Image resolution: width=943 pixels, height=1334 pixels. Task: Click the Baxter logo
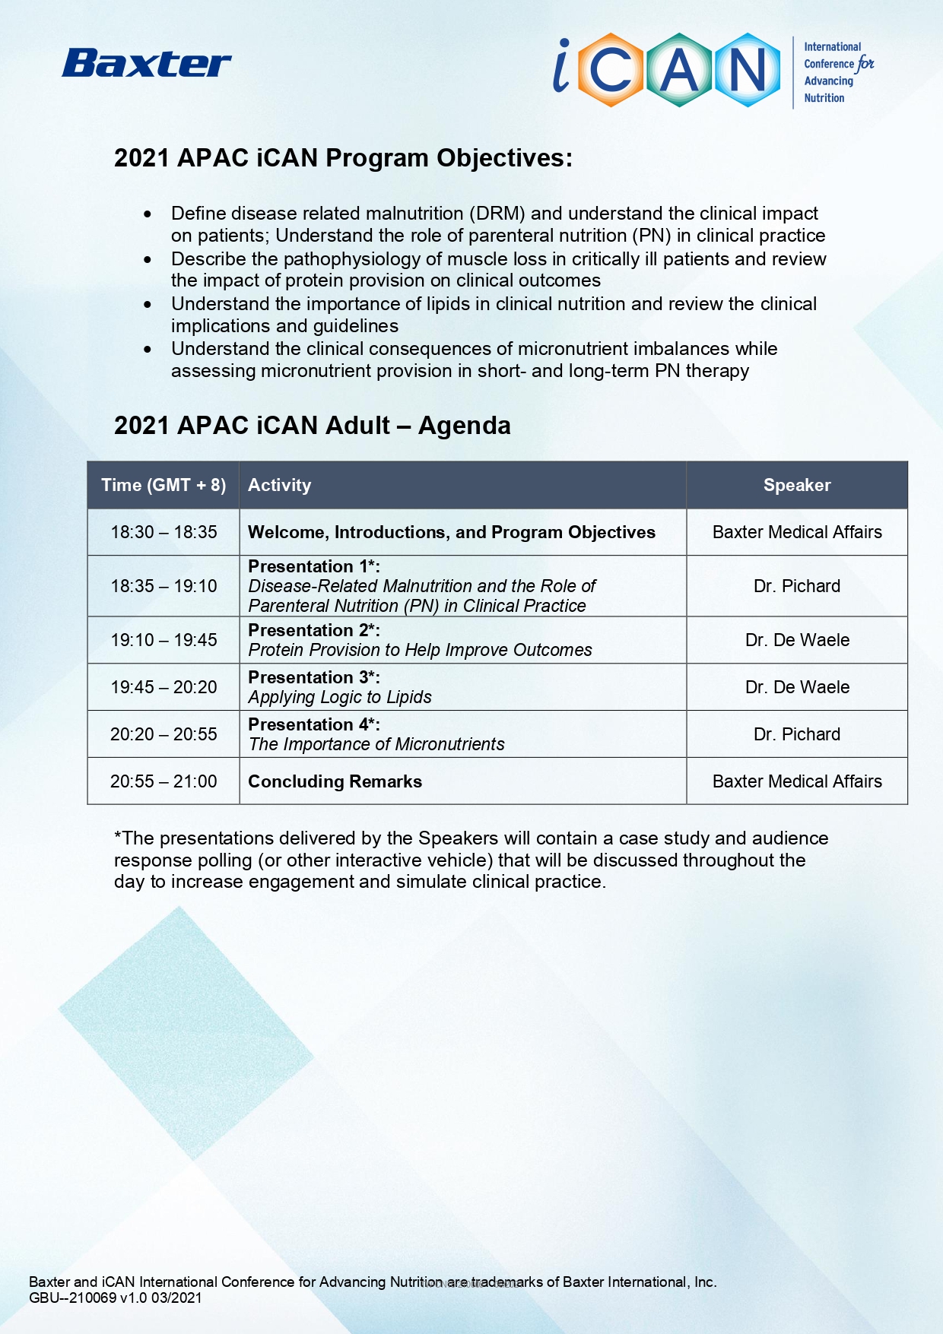[147, 64]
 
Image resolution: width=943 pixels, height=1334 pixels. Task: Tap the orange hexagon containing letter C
[611, 70]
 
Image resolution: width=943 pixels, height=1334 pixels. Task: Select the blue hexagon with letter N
[747, 70]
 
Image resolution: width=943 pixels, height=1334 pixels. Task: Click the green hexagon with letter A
[679, 70]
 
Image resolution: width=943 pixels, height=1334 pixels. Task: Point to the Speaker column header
[797, 485]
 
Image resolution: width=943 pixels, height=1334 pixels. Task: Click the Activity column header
[280, 485]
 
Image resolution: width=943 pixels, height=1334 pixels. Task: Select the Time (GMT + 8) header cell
[164, 485]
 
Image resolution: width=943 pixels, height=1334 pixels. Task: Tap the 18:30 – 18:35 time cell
[164, 532]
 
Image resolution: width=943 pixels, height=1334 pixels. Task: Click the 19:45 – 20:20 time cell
[164, 687]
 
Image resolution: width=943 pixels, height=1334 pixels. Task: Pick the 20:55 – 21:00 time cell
[164, 781]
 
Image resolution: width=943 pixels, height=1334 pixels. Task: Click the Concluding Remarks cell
[335, 781]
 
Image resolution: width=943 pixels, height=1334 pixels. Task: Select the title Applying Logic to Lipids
[340, 697]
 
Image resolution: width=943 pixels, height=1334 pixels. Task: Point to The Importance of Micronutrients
[376, 744]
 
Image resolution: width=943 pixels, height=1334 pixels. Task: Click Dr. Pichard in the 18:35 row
[797, 586]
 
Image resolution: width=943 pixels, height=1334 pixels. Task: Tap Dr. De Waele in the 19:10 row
[797, 640]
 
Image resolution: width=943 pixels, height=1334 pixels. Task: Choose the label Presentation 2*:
[314, 630]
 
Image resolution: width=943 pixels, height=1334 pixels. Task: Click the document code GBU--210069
[72, 1298]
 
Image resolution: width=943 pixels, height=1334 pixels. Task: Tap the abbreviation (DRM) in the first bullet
[497, 214]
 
